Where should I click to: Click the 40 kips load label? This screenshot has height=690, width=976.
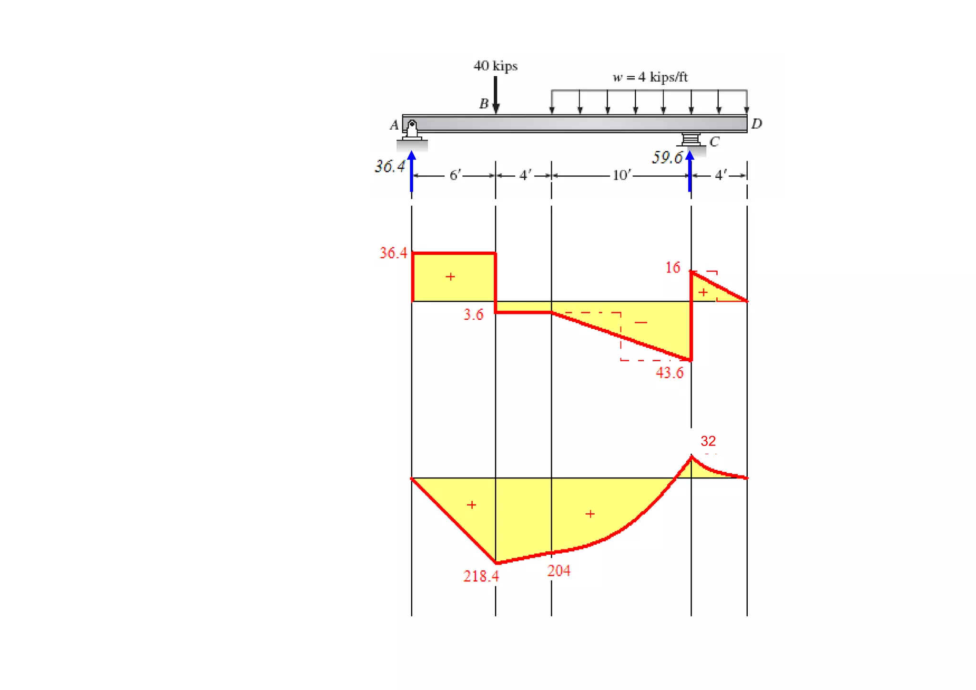[x=495, y=66]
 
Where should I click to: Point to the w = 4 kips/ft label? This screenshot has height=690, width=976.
[x=650, y=77]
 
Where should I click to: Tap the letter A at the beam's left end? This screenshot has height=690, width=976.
[x=394, y=125]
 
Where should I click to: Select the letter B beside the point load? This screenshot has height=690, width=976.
[x=484, y=103]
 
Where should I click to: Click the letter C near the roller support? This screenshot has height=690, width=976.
[x=714, y=142]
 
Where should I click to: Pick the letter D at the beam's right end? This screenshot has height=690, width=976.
[x=756, y=124]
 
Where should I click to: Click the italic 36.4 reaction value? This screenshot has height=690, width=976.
[x=389, y=166]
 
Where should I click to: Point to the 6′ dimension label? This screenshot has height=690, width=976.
[x=455, y=175]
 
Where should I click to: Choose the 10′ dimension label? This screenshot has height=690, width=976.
[x=621, y=175]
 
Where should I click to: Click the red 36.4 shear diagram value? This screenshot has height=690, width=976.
[x=393, y=253]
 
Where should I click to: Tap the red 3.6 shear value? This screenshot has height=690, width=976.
[x=473, y=315]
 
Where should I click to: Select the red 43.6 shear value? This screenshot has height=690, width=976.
[x=669, y=373]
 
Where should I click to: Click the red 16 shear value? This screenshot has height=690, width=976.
[x=672, y=268]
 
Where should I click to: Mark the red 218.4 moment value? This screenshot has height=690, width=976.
[x=481, y=576]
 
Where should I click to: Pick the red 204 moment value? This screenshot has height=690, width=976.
[x=559, y=570]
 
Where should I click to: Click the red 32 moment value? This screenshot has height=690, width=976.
[x=708, y=441]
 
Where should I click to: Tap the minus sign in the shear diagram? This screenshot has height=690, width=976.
[x=641, y=323]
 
